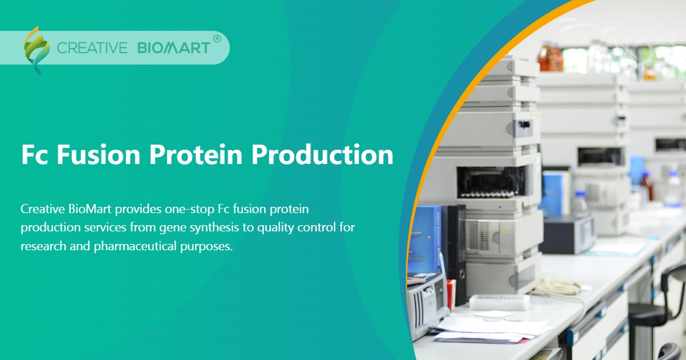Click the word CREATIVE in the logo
pyautogui.click(x=92, y=48)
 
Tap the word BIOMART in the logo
pyautogui.click(x=174, y=48)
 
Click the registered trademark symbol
pyautogui.click(x=217, y=39)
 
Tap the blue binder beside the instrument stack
pyautogui.click(x=425, y=240)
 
